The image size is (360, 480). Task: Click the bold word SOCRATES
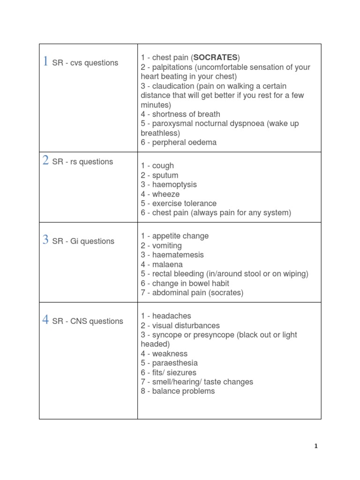tap(215, 58)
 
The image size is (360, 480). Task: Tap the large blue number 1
tap(45, 61)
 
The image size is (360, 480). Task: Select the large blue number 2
tap(45, 160)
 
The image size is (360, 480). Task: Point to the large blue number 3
tap(45, 240)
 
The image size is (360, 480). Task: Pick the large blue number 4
tap(45, 320)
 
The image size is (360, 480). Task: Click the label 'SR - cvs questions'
tap(85, 63)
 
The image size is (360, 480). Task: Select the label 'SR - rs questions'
tap(82, 162)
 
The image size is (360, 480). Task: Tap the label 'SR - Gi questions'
tap(83, 241)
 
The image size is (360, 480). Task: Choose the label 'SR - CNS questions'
tap(88, 321)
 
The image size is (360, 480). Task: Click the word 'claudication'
tap(173, 86)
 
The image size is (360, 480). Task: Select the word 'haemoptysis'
tap(174, 185)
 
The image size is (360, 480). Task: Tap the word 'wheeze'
tap(166, 194)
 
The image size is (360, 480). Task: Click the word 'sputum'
tap(165, 175)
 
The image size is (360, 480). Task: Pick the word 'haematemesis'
tap(178, 255)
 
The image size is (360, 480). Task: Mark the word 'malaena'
tap(167, 264)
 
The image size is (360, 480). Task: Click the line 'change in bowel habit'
tap(190, 283)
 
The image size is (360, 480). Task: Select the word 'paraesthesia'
tap(175, 363)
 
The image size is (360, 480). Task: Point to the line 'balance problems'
tap(183, 391)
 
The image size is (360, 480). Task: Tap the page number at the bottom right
tap(316, 446)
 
